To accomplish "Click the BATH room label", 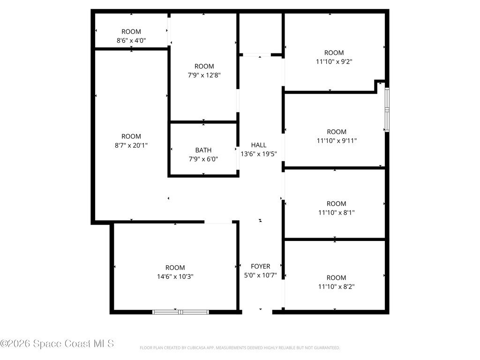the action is [x=203, y=150].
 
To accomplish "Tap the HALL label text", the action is [x=259, y=145].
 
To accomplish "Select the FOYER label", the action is [x=261, y=266].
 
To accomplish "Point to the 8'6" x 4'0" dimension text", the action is [x=131, y=40].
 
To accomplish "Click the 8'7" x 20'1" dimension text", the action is [x=131, y=145].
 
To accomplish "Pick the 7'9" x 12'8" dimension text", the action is [x=204, y=75].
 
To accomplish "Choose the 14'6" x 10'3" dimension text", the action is [x=175, y=277].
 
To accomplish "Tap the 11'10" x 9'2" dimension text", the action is [x=334, y=61].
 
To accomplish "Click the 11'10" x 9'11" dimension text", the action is [x=337, y=141].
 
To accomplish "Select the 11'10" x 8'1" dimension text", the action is [x=337, y=212].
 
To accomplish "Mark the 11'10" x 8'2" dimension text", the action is [x=337, y=286].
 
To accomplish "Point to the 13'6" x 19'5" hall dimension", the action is [x=259, y=154].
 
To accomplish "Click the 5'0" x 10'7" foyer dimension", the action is [x=261, y=275].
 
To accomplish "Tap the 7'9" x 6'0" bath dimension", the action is [x=203, y=159].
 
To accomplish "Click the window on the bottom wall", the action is [x=180, y=312].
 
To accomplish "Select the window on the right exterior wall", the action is [x=387, y=110].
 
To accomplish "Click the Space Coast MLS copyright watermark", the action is [x=57, y=344].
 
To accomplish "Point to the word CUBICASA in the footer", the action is [x=196, y=348].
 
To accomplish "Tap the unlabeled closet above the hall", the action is [x=260, y=34].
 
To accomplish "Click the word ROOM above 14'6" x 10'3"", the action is [x=175, y=268].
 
